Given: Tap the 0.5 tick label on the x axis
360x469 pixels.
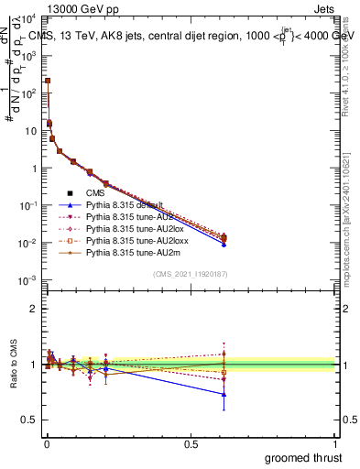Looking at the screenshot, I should tap(191, 443).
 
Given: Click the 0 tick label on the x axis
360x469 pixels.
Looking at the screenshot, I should tap(47, 443).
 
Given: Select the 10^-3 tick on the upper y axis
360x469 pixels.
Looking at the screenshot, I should tap(28, 280).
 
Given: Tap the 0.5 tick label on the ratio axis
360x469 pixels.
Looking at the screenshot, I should tap(30, 420).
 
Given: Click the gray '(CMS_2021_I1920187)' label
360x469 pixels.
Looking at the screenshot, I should tap(191, 274).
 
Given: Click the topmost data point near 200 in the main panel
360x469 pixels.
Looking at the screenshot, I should tap(48, 81).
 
